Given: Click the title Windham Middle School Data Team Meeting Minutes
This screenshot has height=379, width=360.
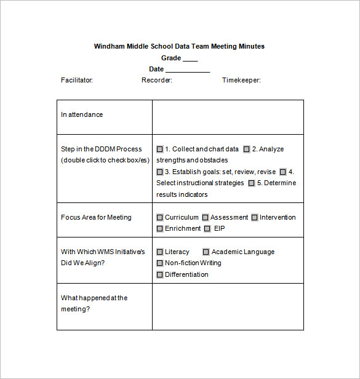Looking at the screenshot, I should [x=179, y=46].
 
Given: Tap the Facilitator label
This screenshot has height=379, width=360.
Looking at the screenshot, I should [x=77, y=80].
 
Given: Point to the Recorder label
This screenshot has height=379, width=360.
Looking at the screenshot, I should [x=157, y=80].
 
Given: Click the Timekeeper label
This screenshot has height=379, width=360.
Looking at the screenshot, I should [x=241, y=80].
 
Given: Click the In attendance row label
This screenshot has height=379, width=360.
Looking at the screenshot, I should [x=82, y=114].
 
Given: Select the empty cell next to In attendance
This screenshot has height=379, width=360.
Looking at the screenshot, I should [x=228, y=117].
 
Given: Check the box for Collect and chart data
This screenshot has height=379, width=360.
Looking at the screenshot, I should [x=160, y=149].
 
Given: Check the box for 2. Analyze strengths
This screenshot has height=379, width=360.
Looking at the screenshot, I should [x=246, y=149].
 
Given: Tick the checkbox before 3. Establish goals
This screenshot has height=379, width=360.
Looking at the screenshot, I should [x=160, y=172].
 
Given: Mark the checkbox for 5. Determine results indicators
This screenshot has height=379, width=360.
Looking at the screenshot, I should [x=251, y=183].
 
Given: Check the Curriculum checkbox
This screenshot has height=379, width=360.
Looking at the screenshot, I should [x=160, y=217].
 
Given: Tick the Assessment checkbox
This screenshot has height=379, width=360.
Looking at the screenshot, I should [x=206, y=217].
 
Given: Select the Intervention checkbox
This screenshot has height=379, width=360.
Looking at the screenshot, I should [x=255, y=217].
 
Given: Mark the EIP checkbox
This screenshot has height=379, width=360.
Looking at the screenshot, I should [x=207, y=229].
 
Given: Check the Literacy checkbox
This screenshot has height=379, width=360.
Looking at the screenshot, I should [x=160, y=252].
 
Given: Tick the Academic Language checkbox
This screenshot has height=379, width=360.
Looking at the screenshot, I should [x=206, y=252].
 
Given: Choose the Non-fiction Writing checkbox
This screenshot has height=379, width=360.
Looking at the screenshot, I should [x=160, y=263].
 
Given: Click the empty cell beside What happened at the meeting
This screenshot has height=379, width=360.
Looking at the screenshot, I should [x=228, y=306].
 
